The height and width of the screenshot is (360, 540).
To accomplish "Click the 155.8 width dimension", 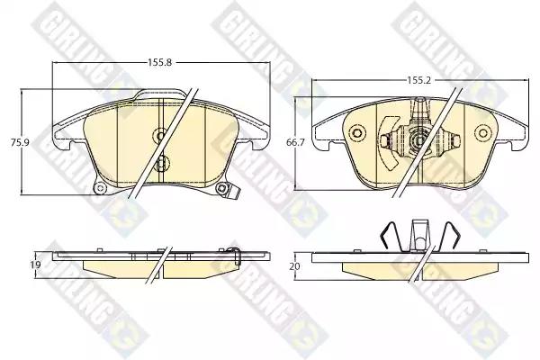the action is coord(160,63).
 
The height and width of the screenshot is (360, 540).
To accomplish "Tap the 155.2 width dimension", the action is coord(419,80).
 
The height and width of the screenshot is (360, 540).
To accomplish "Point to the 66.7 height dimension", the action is coord(295,142).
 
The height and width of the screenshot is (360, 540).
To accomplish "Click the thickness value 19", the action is coord(35,265).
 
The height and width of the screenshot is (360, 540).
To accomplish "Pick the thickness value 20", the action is coord(295,266).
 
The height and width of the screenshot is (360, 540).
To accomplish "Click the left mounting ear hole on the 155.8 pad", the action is coord(100,188).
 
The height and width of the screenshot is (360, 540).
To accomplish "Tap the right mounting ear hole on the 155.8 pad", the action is coord(221,188).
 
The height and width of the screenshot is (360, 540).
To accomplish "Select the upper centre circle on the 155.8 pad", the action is coord(160,135).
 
